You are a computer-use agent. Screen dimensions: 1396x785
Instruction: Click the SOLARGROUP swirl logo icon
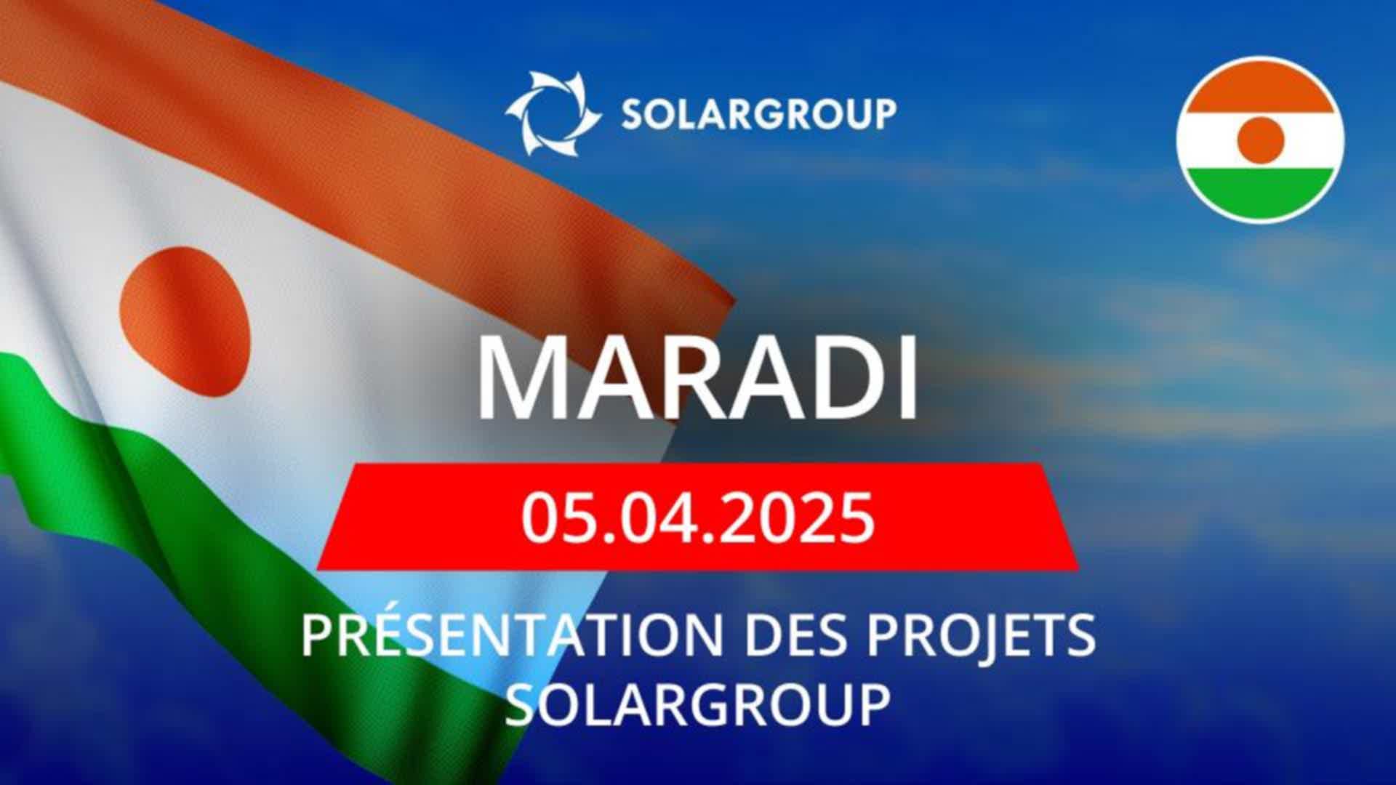553,113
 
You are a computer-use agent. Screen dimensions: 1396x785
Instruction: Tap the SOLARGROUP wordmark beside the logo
758,114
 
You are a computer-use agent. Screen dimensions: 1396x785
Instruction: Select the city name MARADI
697,379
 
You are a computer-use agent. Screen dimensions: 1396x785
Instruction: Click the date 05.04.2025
697,518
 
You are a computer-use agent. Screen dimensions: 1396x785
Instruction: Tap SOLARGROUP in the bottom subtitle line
697,704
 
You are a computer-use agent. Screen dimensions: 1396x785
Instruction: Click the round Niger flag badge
1260,140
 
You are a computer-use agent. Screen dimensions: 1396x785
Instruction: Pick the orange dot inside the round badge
1260,140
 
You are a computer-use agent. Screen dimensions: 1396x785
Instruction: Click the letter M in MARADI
518,379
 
